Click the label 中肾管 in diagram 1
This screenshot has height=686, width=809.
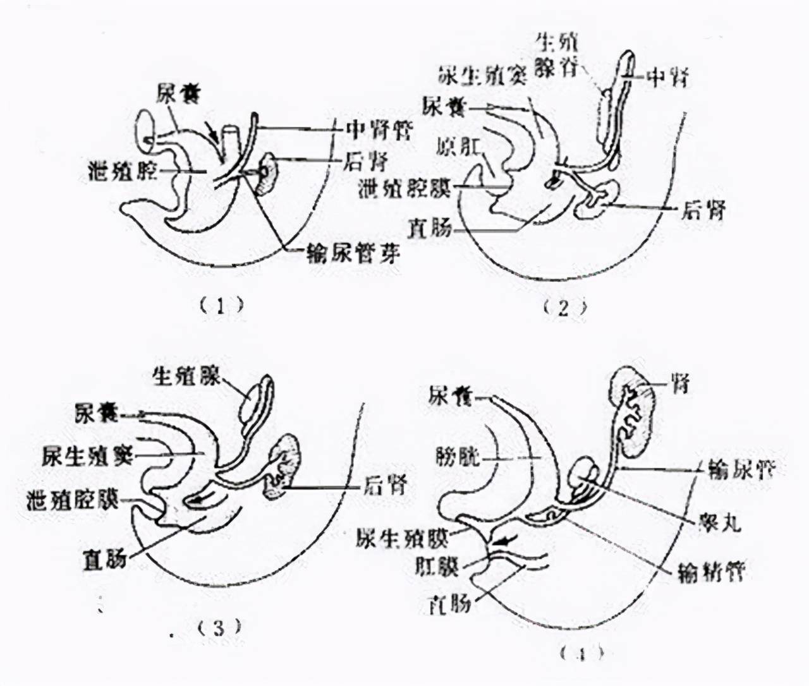point(378,131)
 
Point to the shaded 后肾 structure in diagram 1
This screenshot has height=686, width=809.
point(267,172)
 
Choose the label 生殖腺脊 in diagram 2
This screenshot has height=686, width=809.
point(556,55)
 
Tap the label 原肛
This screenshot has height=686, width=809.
point(458,147)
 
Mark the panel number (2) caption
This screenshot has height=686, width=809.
point(564,308)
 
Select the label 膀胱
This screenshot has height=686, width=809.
point(454,455)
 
